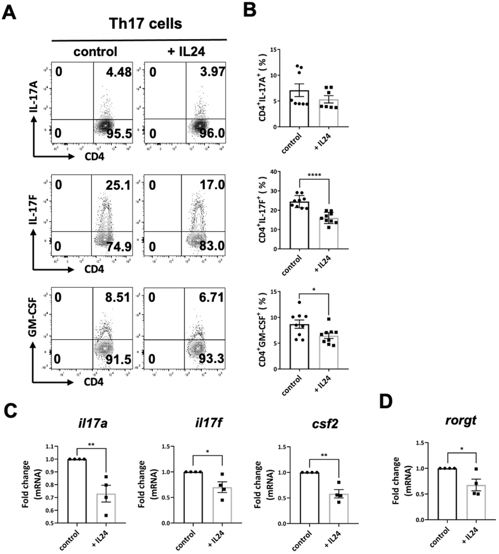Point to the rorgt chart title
pyautogui.click(x=461, y=420)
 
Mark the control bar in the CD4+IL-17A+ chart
pyautogui.click(x=299, y=110)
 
